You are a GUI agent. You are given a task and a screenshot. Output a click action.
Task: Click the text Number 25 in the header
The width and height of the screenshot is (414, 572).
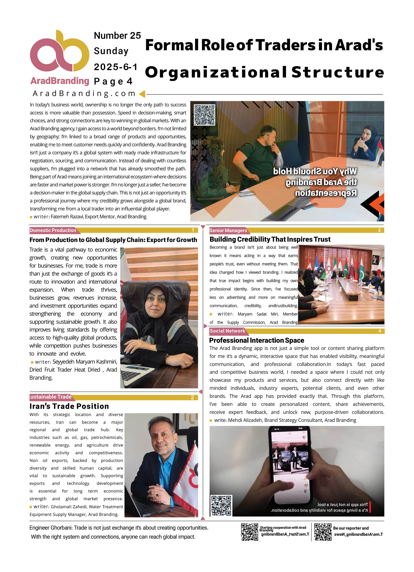point(117,36)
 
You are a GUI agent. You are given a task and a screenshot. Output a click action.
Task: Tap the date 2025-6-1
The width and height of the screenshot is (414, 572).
point(116,67)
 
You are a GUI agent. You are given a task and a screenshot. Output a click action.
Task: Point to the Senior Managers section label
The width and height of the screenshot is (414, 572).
point(228,230)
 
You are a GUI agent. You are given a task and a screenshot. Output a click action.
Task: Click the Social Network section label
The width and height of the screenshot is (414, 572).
point(227,331)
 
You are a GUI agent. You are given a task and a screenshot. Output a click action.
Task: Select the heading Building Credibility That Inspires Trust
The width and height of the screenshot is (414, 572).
point(270,239)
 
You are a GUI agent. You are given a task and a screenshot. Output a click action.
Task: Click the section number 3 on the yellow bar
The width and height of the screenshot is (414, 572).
point(379,230)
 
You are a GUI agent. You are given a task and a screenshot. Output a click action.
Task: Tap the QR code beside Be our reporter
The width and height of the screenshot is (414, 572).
point(323,532)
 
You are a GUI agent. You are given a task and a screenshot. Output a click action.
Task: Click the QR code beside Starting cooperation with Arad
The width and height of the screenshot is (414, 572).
point(249,532)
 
